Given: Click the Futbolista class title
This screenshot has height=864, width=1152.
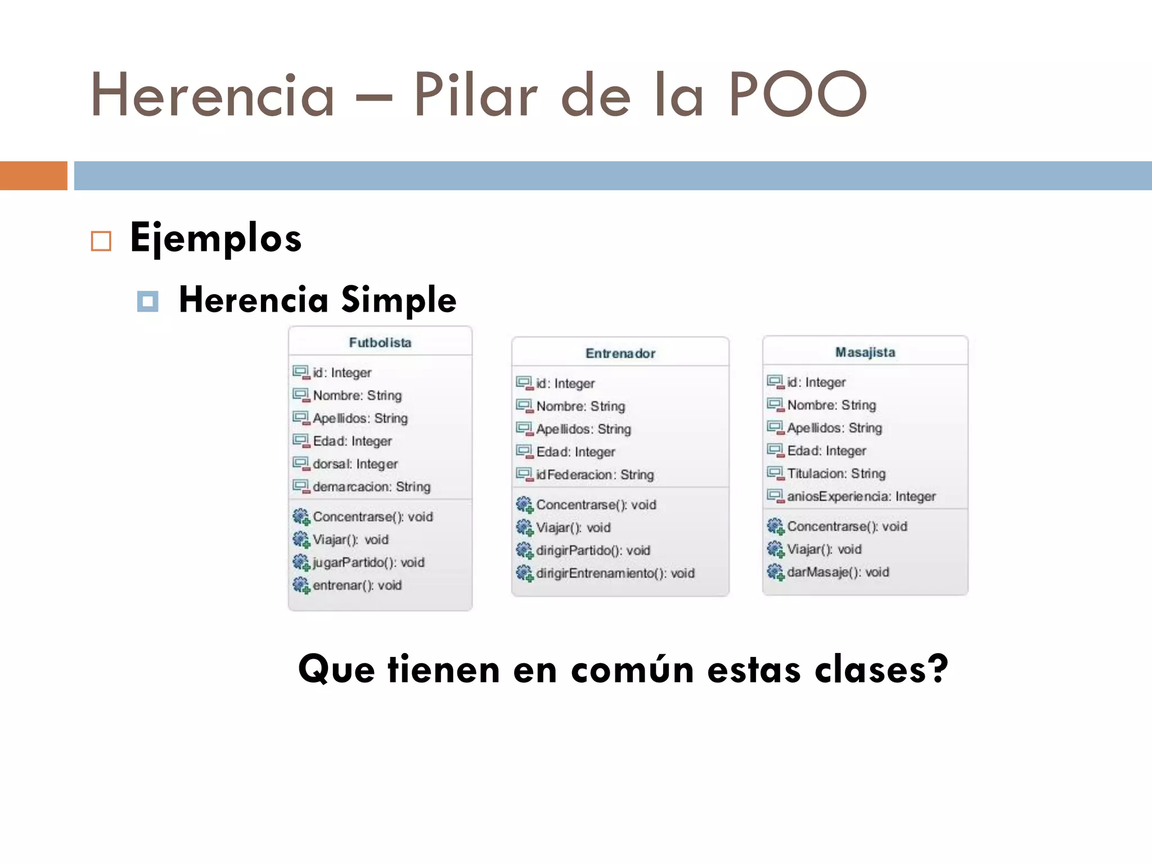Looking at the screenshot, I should pos(380,343).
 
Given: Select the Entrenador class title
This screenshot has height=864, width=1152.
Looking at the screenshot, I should pos(620,353).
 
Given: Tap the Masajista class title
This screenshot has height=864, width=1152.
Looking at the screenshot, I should pos(865,352).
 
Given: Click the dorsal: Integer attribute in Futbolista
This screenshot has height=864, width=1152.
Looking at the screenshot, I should pos(355,464).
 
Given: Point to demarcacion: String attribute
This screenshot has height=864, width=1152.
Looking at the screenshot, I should pos(371,487).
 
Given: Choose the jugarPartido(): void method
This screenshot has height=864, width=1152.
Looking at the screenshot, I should pos(368,562).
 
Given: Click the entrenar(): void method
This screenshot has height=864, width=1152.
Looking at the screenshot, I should pos(357,586).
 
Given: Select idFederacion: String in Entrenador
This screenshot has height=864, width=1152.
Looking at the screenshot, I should pos(595,475).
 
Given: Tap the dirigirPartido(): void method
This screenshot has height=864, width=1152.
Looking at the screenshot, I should pos(593,550).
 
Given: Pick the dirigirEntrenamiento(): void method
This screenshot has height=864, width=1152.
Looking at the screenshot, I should pos(615,573).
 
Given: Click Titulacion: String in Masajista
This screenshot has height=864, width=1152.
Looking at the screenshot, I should pos(836,474).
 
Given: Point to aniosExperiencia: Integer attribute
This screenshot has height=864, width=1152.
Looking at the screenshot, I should pos(861,496).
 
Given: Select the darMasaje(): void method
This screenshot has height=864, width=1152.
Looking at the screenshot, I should pos(838,572).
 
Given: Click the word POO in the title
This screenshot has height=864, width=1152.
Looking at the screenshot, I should pos(798,95).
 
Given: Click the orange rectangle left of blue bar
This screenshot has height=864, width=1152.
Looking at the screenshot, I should pos(33,175).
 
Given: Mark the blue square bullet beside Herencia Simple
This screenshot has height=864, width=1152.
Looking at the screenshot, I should pos(147,301).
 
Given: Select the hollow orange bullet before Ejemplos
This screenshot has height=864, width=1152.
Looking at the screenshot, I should pos(101,241).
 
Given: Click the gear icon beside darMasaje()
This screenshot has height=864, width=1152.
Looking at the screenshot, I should pos(775,572).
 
